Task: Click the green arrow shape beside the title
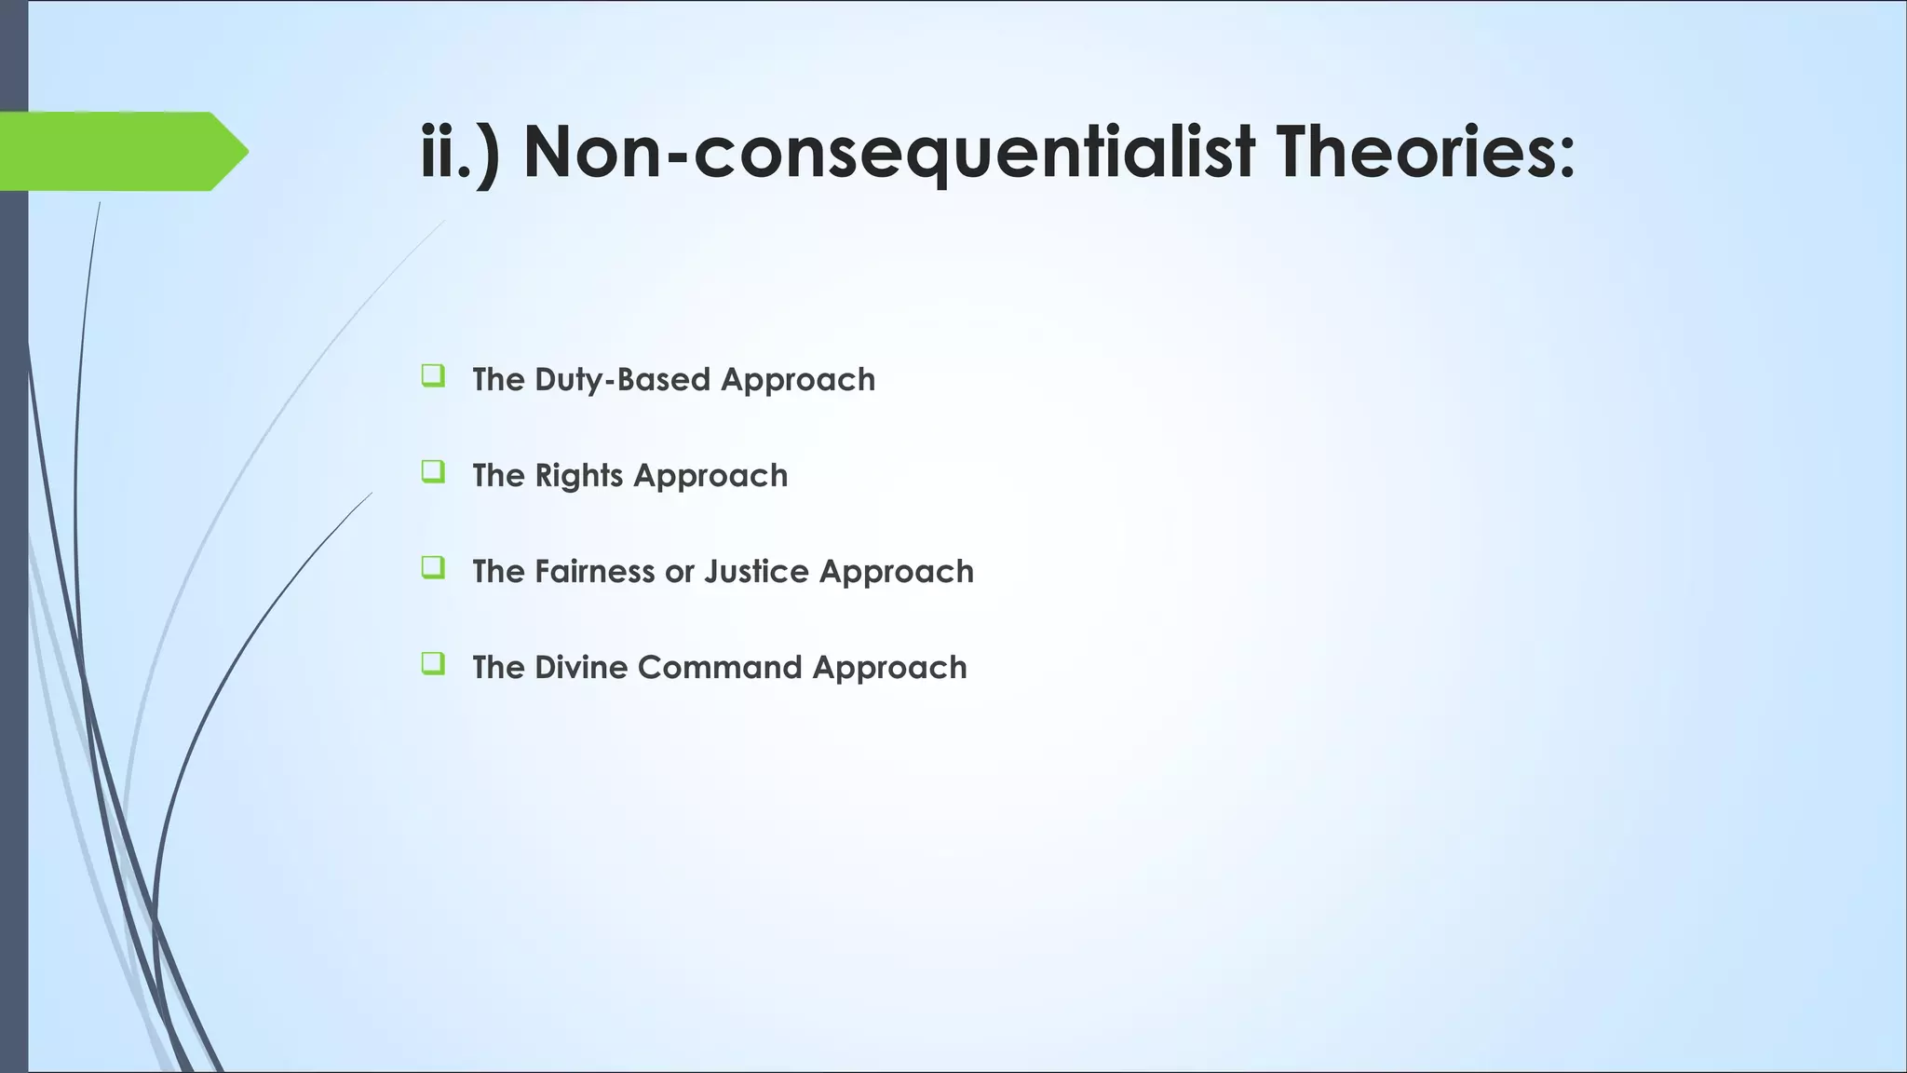pyautogui.click(x=121, y=151)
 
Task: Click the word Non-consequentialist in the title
pyautogui.click(x=889, y=151)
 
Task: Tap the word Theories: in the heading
pyautogui.click(x=1425, y=151)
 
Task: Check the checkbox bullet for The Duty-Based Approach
pyautogui.click(x=432, y=376)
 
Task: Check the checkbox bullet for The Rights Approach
pyautogui.click(x=432, y=472)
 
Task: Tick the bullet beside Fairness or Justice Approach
pyautogui.click(x=432, y=568)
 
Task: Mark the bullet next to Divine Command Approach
pyautogui.click(x=432, y=664)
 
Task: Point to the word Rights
pyautogui.click(x=579, y=476)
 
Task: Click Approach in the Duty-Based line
pyautogui.click(x=798, y=380)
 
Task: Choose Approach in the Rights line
pyautogui.click(x=710, y=476)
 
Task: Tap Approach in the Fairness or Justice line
pyautogui.click(x=896, y=572)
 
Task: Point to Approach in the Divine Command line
pyautogui.click(x=889, y=668)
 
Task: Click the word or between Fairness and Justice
pyautogui.click(x=679, y=572)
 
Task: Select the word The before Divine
pyautogui.click(x=498, y=668)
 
